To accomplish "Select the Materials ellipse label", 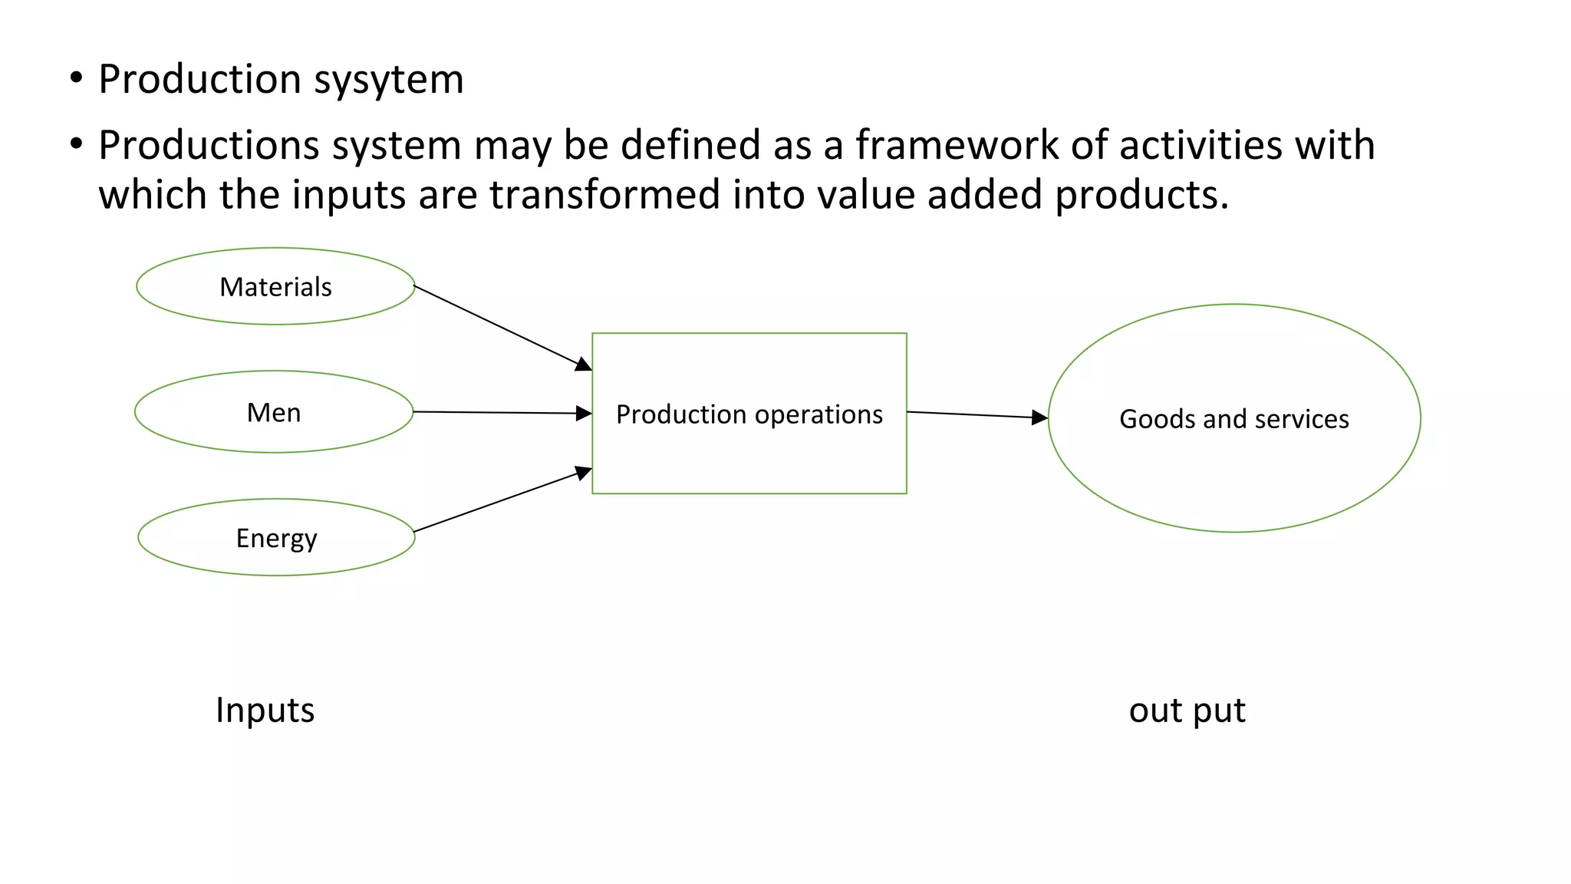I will [x=275, y=287].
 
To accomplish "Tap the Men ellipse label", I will [x=274, y=413].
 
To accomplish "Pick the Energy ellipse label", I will [x=276, y=538].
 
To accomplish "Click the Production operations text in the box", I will [x=749, y=414].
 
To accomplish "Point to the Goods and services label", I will [x=1233, y=419].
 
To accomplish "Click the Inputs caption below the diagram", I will [x=265, y=710].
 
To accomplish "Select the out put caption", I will [x=1187, y=710].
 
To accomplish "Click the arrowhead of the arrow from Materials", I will [x=585, y=365].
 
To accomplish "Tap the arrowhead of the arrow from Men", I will [x=585, y=414].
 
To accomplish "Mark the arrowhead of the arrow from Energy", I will [x=585, y=472].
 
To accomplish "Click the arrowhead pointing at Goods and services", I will [x=1040, y=417].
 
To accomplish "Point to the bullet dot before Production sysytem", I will [x=75, y=78].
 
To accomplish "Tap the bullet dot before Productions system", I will [x=75, y=143].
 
